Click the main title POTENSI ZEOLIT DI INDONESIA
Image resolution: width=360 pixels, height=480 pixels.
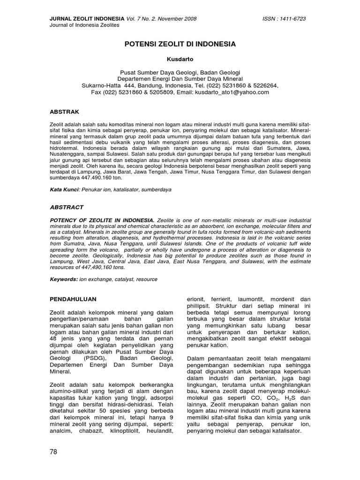coord(180,44)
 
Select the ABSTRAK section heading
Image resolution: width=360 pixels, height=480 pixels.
coord(65,112)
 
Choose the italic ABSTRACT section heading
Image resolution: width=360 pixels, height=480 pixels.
coord(67,207)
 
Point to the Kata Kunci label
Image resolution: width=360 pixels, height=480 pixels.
coord(65,190)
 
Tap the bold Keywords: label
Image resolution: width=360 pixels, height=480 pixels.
coord(64,279)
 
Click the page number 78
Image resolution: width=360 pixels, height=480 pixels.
coord(54,465)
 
